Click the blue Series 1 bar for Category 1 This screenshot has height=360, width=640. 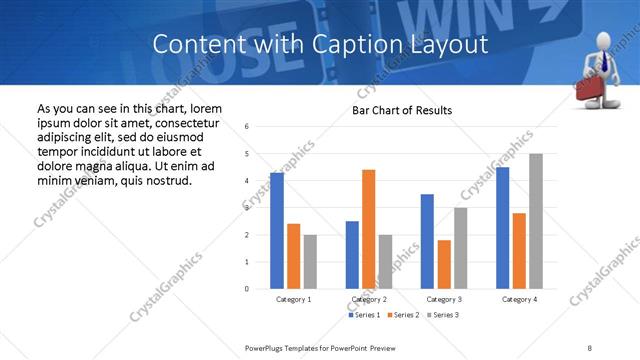[x=276, y=231]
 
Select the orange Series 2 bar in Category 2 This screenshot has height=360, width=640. [x=368, y=229]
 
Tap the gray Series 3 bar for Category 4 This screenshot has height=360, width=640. [x=536, y=221]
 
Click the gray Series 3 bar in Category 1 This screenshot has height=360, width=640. [x=310, y=262]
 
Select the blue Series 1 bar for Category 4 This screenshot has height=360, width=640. [x=502, y=228]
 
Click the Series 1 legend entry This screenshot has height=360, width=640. [x=363, y=315]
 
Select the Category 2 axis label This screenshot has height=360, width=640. [x=369, y=299]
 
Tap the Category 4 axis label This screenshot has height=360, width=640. [x=519, y=299]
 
